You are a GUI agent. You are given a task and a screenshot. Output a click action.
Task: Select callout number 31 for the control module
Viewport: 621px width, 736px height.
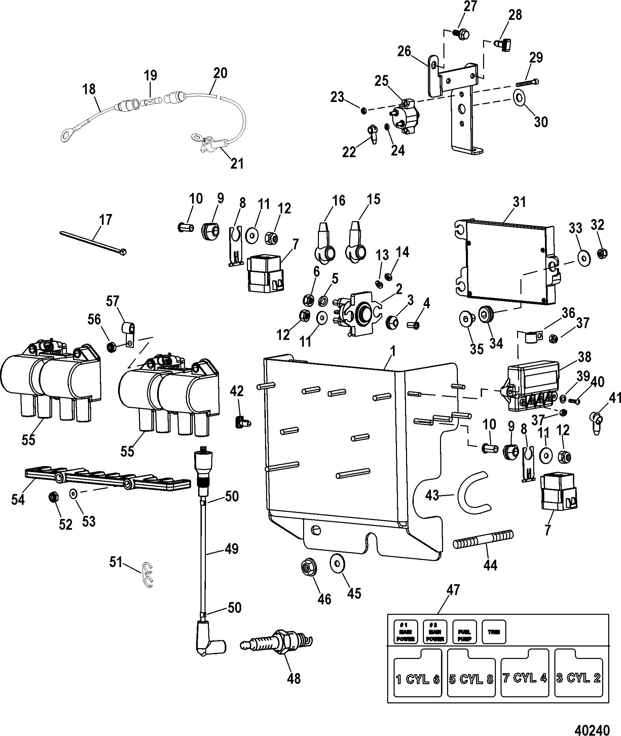pos(519,203)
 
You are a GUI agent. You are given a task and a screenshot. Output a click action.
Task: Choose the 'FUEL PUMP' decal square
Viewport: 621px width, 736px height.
pos(464,632)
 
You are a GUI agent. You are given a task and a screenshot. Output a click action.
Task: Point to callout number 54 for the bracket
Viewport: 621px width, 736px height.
pos(18,500)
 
